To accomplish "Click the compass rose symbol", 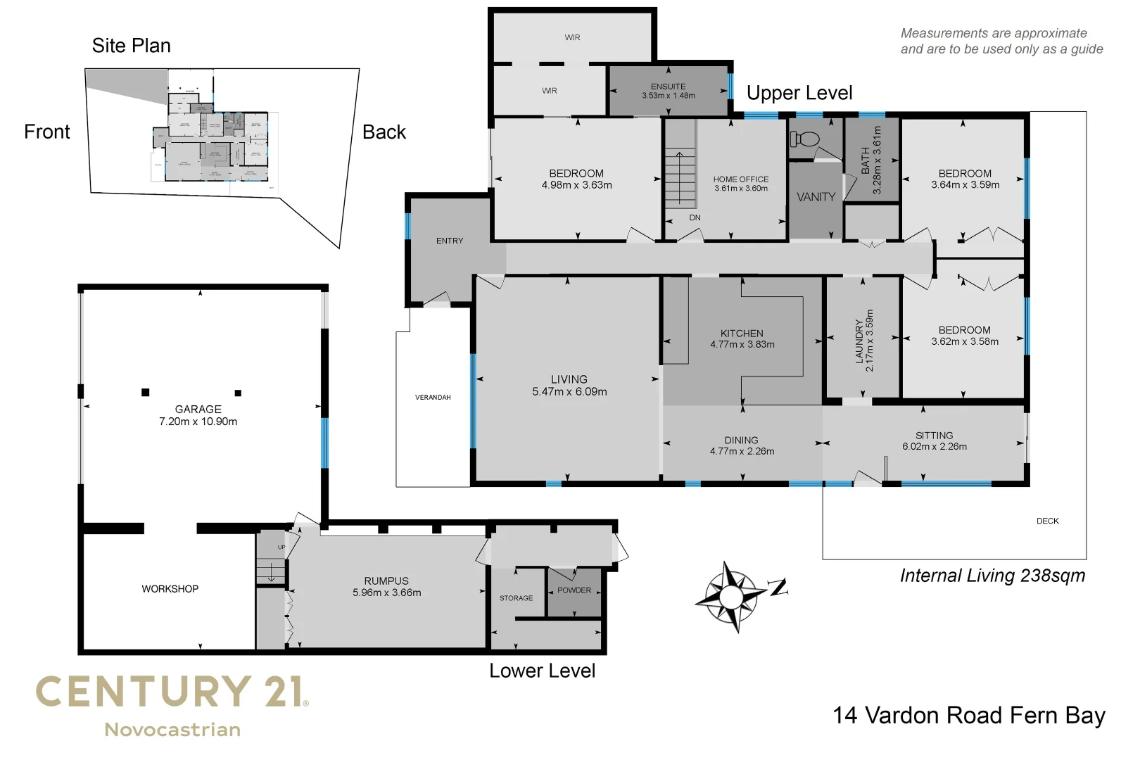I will [x=731, y=597].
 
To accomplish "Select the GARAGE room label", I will [x=198, y=409].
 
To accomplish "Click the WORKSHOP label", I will [x=170, y=588].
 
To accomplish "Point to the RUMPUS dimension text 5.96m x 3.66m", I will [x=386, y=593].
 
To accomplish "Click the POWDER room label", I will [x=574, y=590].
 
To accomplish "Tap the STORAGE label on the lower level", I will [x=516, y=598].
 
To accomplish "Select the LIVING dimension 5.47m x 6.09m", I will [x=569, y=392].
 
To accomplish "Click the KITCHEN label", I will [x=742, y=333].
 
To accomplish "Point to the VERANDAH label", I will [x=433, y=398].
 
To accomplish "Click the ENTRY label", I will [x=449, y=241].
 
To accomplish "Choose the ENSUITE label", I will [x=668, y=87].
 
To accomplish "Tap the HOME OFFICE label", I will [x=740, y=179].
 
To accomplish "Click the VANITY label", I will [x=816, y=197].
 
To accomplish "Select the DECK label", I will [x=1047, y=521].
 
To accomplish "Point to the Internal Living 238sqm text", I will [x=992, y=576].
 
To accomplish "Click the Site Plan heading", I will [x=131, y=46].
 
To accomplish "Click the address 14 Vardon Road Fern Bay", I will [x=968, y=715].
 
